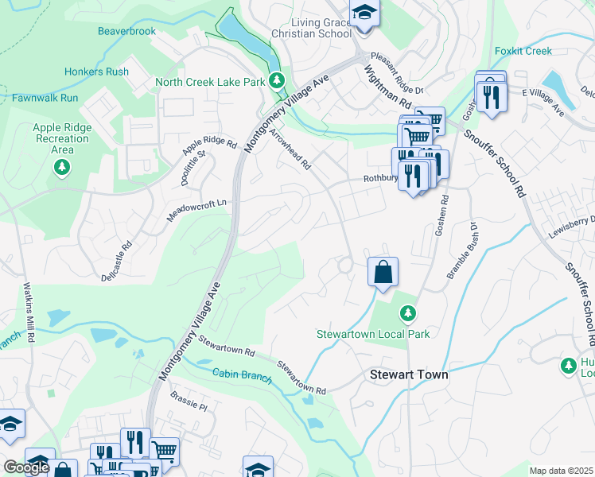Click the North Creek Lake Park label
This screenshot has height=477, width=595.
[x=209, y=82]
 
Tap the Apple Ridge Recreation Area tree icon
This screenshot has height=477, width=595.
[x=61, y=167]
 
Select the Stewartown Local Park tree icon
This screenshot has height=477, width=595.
[x=407, y=315]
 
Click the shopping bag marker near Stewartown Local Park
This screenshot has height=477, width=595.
[x=383, y=272]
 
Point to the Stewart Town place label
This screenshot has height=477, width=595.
[x=409, y=374]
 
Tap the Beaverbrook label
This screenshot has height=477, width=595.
[x=126, y=32]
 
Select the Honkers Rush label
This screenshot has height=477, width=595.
[x=95, y=72]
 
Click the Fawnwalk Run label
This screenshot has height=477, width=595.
[x=45, y=98]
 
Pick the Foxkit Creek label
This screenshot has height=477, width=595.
[x=523, y=51]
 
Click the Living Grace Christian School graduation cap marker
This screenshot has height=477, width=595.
[x=364, y=14]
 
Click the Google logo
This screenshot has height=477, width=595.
[x=26, y=467]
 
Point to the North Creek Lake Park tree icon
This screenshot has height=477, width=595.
[x=276, y=80]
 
